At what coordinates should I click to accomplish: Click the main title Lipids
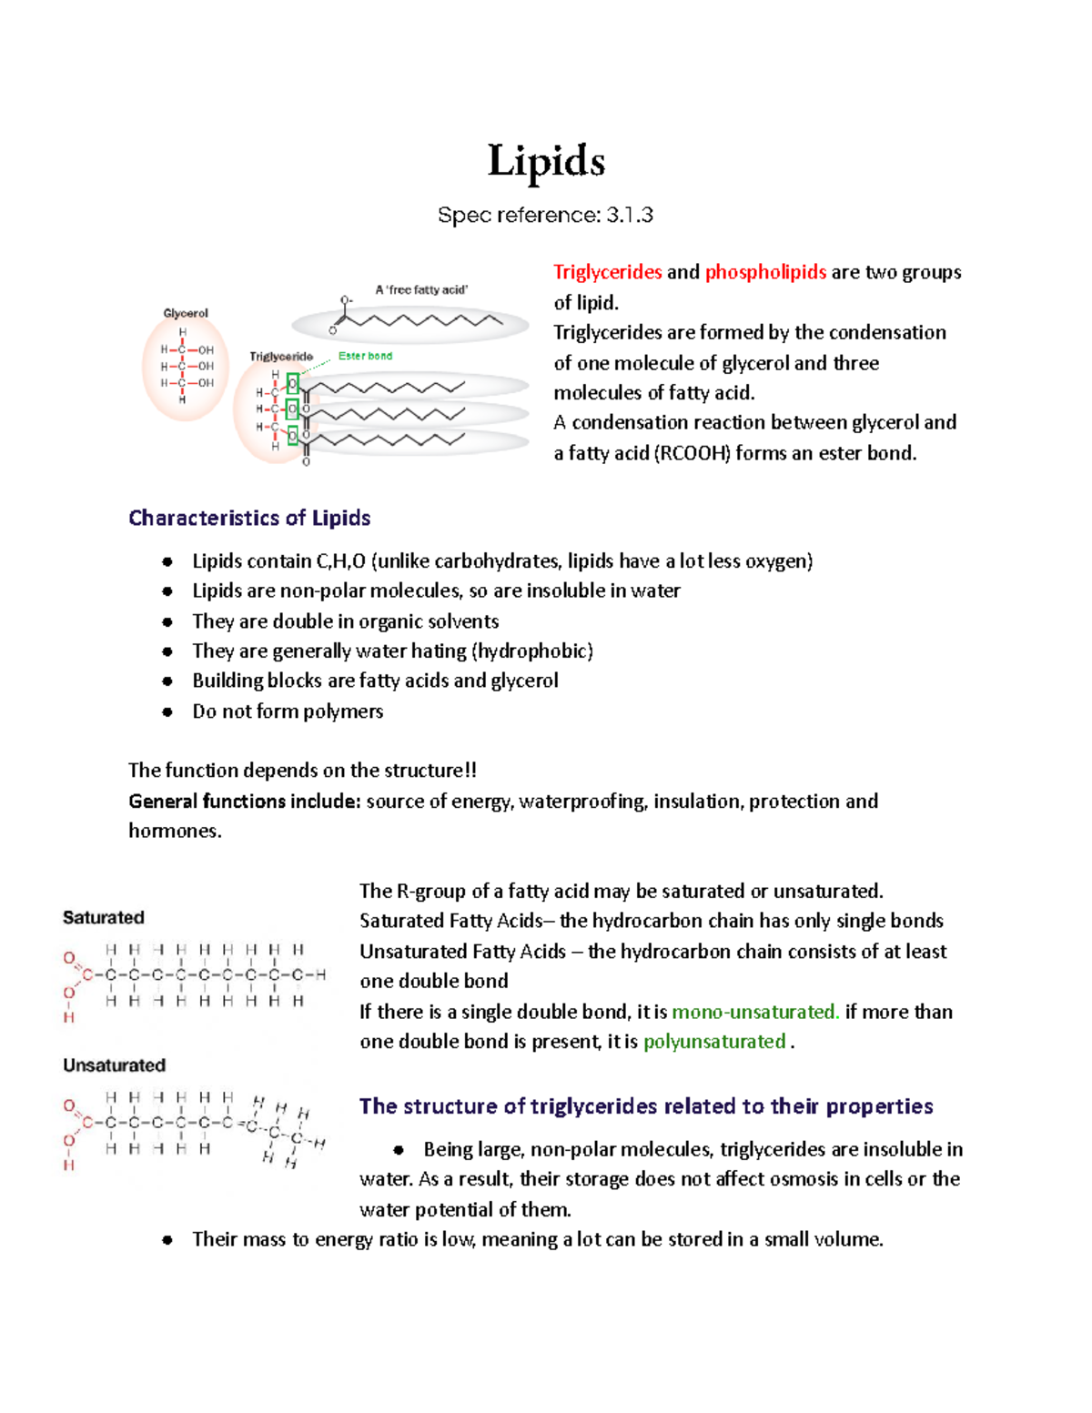click(546, 162)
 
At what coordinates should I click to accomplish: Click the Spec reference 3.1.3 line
click(545, 216)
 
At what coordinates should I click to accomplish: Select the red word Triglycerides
click(607, 272)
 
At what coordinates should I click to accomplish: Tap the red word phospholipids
click(765, 272)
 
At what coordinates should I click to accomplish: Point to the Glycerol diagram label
click(186, 313)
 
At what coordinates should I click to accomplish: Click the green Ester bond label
click(365, 356)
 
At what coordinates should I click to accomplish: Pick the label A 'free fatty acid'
click(421, 289)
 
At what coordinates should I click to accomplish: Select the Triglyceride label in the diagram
click(281, 357)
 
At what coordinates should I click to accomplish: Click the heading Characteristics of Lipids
click(249, 518)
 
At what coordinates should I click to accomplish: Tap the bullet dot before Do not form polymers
click(167, 712)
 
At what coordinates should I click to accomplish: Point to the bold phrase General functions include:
click(245, 801)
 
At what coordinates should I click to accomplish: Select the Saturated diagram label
click(103, 917)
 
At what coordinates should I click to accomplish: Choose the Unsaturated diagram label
click(114, 1065)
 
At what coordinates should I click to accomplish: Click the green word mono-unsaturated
click(754, 1012)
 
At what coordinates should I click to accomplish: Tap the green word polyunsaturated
click(714, 1041)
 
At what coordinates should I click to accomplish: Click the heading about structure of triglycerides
click(646, 1106)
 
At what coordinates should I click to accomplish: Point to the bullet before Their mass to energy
click(167, 1239)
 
